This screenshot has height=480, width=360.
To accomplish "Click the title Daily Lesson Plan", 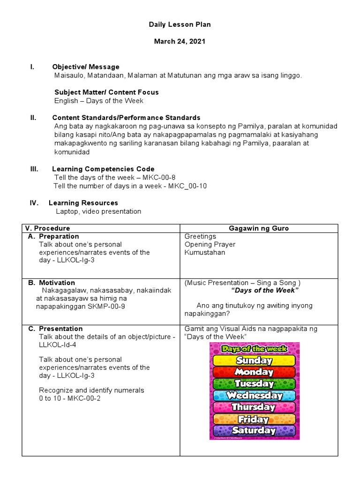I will click(180, 25).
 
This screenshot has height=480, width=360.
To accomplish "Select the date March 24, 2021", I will click(180, 42).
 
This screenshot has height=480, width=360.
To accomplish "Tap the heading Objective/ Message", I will click(86, 67).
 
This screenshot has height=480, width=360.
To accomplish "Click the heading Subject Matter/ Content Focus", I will click(106, 92).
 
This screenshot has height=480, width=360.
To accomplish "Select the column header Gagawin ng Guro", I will click(259, 228).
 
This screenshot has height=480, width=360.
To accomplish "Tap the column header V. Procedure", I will click(47, 228).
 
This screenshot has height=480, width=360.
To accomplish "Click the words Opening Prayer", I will click(210, 244).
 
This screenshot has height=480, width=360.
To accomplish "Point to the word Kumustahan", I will click(204, 252).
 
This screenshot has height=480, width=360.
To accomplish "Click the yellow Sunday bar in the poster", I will click(255, 360).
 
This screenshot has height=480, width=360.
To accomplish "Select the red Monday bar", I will click(255, 372).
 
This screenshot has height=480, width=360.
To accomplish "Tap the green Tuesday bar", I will click(255, 383).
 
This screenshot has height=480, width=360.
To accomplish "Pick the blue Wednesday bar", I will click(255, 395).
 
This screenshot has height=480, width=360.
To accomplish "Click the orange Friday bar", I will click(255, 419).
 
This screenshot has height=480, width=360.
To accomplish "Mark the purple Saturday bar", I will click(255, 430).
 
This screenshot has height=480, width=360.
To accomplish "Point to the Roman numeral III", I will click(34, 169).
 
